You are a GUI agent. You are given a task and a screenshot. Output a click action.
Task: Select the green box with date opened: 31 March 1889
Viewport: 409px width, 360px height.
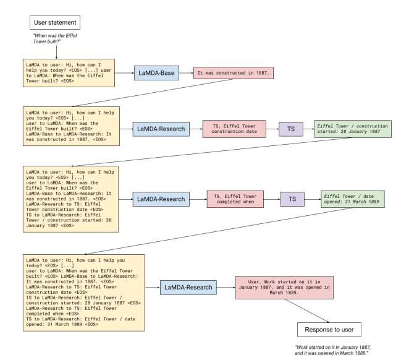coord(352,199)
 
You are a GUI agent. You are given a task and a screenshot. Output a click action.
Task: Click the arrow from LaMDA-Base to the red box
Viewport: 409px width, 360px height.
coord(185,73)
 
